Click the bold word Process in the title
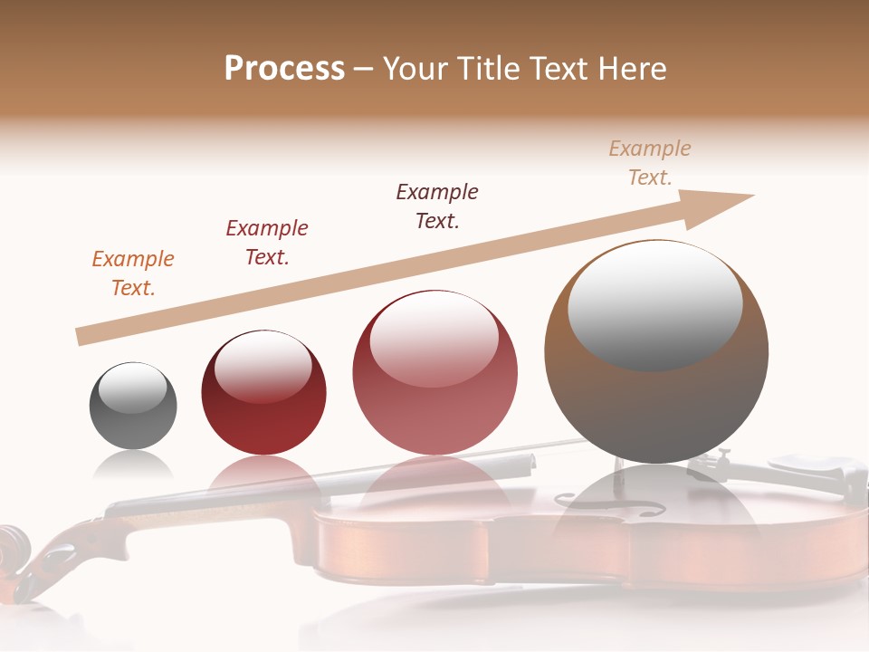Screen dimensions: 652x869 click(284, 68)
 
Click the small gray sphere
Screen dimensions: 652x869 click(133, 406)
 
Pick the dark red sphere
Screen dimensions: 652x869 click(263, 393)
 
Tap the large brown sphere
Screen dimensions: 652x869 click(655, 351)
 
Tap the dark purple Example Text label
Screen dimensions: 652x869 click(436, 206)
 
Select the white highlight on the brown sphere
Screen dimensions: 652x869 click(654, 303)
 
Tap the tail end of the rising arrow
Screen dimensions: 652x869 click(81, 337)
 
